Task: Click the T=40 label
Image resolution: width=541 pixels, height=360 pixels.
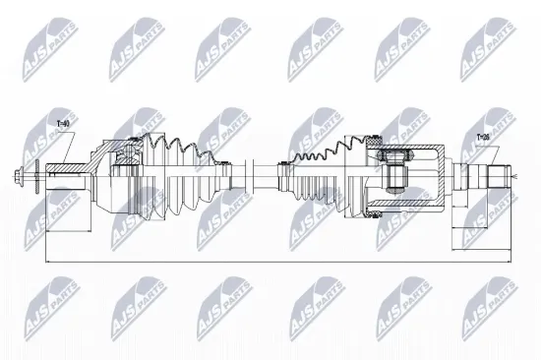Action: (63, 125)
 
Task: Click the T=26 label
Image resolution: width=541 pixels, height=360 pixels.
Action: (483, 138)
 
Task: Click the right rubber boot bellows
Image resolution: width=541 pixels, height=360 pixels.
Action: (315, 177)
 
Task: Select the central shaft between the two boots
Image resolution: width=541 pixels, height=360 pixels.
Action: (258, 179)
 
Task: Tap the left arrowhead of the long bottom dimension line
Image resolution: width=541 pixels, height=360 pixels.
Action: (48, 264)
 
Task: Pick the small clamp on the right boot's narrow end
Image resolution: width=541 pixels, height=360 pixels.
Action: (282, 178)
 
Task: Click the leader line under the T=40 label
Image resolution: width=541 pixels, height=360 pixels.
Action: (65, 148)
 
